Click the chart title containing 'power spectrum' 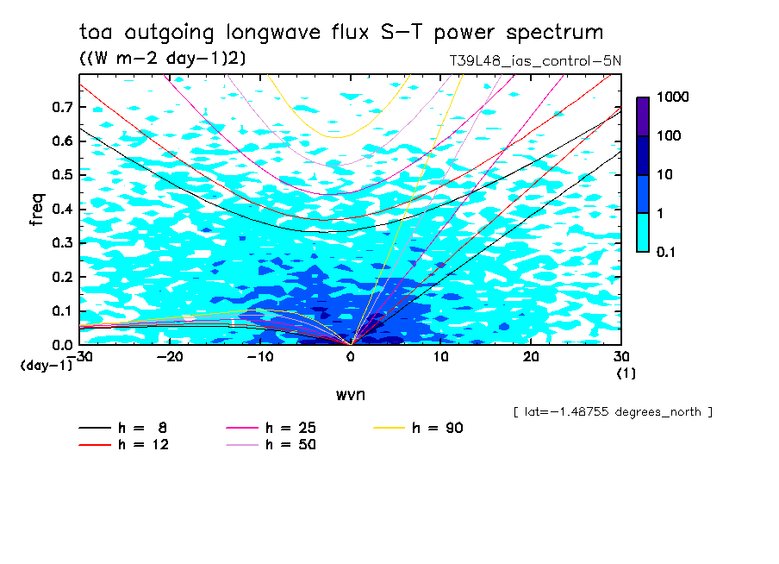(341, 33)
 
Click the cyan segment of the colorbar (643, 232)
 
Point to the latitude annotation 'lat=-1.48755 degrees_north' (613, 411)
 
